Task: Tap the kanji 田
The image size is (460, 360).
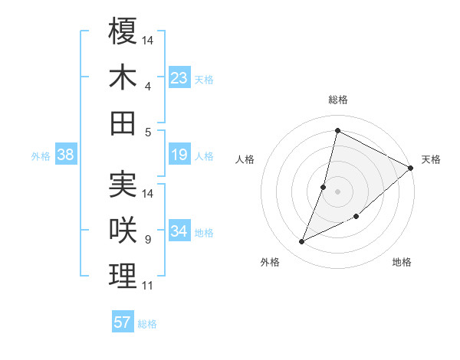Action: click(123, 123)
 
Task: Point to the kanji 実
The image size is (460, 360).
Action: click(123, 185)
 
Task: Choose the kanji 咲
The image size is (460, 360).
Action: click(123, 231)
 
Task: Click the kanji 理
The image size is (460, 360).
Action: click(123, 277)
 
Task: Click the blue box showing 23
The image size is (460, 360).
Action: click(179, 78)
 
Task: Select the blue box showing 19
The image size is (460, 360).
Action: click(179, 155)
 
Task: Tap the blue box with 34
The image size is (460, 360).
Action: click(179, 232)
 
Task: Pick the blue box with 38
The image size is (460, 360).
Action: click(66, 155)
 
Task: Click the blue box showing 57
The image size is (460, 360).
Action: click(123, 322)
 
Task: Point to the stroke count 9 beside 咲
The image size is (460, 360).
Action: click(148, 240)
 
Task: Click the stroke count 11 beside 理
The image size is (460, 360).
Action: click(148, 286)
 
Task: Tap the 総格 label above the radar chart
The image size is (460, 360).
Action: click(337, 100)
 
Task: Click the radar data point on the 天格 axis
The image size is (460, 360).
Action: click(411, 169)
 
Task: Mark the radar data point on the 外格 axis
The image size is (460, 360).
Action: click(302, 242)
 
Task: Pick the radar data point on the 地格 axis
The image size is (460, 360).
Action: click(356, 216)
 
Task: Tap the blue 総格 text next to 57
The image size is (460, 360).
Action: click(147, 324)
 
